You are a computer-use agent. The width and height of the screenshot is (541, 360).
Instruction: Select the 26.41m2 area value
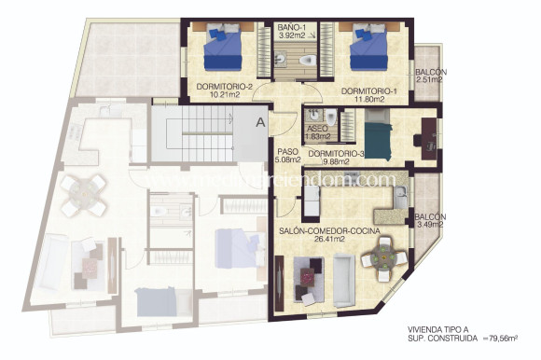316,239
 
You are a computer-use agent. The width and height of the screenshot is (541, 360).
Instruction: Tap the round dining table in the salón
383,255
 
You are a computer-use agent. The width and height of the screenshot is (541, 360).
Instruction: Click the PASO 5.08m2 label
286,152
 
